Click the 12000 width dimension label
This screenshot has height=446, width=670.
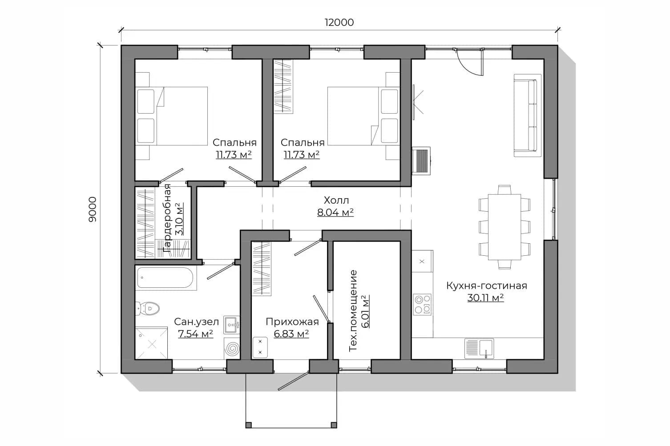(x=339, y=22)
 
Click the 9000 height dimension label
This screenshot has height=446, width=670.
(x=93, y=209)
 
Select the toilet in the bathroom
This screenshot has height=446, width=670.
(x=147, y=308)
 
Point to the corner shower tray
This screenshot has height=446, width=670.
(x=151, y=344)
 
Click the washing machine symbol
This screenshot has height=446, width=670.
(x=232, y=349)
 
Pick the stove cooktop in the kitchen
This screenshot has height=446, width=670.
(x=422, y=304)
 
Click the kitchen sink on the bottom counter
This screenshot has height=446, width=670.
(x=479, y=348)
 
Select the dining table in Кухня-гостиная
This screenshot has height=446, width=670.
(x=505, y=227)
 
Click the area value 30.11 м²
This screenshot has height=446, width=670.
(x=485, y=298)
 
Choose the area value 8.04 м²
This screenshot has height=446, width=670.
(x=335, y=213)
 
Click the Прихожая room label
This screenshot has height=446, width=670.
(x=292, y=322)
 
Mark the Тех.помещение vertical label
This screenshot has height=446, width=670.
(x=353, y=311)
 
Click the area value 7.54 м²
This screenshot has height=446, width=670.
(x=196, y=334)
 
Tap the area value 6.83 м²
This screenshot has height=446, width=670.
(x=291, y=334)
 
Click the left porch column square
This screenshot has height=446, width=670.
(x=249, y=425)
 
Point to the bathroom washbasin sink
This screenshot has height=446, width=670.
(x=232, y=325)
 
